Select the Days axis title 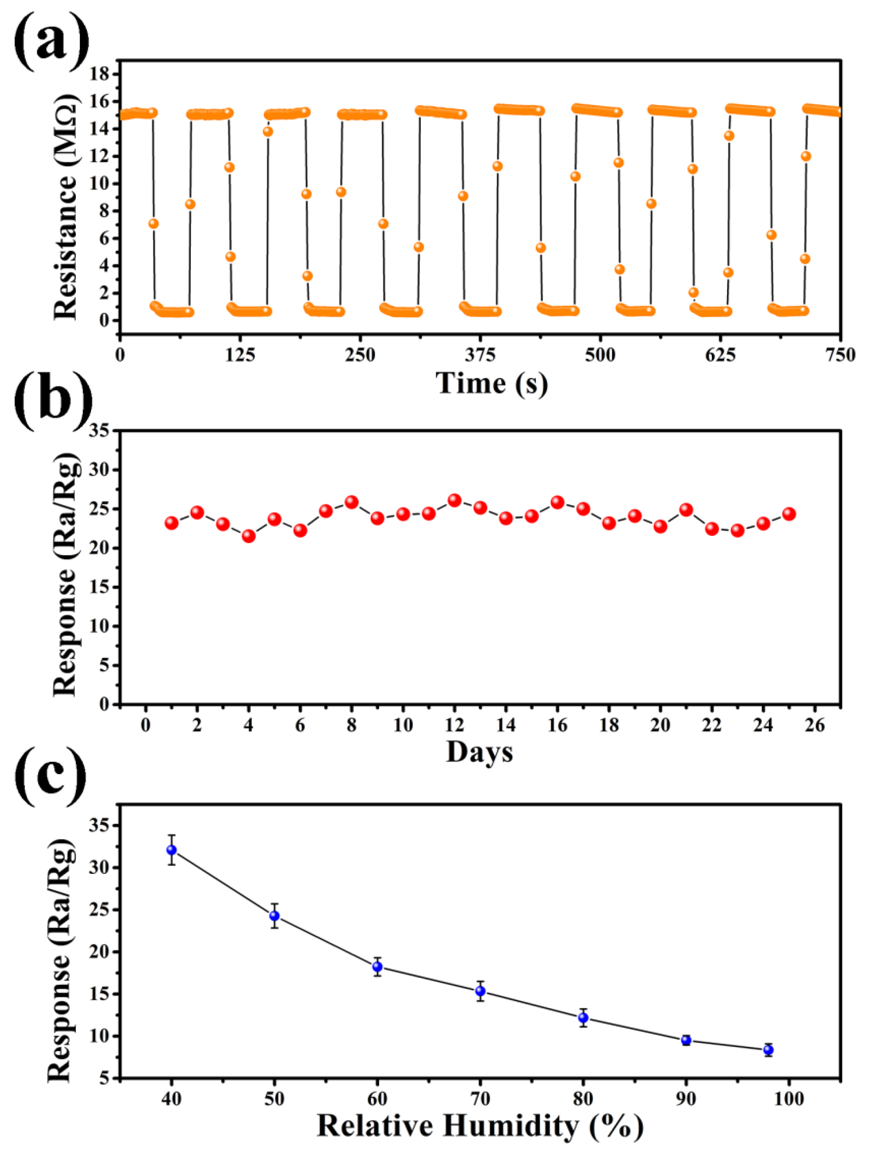(x=480, y=752)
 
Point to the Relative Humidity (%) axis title (x=480, y=1126)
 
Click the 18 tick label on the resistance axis (x=100, y=74)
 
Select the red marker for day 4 (x=248, y=536)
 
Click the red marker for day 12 (x=454, y=500)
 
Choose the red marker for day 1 (x=171, y=523)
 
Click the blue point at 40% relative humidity (x=171, y=850)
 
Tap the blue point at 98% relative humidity (x=768, y=1050)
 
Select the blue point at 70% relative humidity (x=480, y=991)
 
